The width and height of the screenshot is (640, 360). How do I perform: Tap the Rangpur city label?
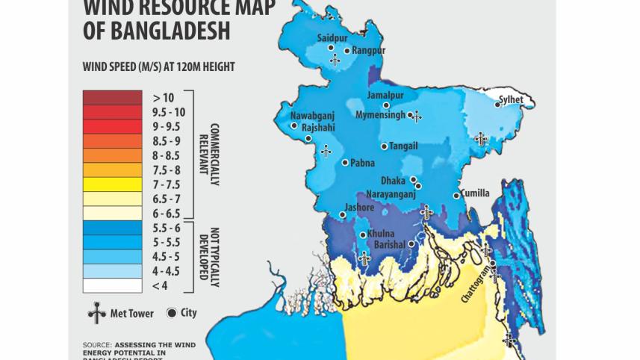[369, 50]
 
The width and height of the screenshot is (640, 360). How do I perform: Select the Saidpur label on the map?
[332, 37]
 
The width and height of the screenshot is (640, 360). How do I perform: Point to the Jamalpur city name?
[385, 96]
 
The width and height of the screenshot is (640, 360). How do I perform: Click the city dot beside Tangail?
[384, 146]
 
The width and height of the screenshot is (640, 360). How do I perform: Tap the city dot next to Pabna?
[344, 163]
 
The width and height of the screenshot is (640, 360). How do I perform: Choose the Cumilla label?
[475, 193]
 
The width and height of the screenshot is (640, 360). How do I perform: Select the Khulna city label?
[381, 234]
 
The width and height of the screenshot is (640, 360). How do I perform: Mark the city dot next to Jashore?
[342, 215]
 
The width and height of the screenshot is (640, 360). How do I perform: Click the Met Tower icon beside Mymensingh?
[417, 116]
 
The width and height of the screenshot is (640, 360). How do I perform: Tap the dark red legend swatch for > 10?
[112, 97]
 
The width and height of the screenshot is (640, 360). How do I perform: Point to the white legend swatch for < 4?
[112, 285]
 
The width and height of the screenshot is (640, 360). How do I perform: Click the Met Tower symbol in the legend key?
[96, 314]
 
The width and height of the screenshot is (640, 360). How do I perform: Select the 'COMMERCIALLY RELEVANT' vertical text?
[208, 149]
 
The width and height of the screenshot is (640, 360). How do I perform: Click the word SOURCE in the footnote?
[96, 344]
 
